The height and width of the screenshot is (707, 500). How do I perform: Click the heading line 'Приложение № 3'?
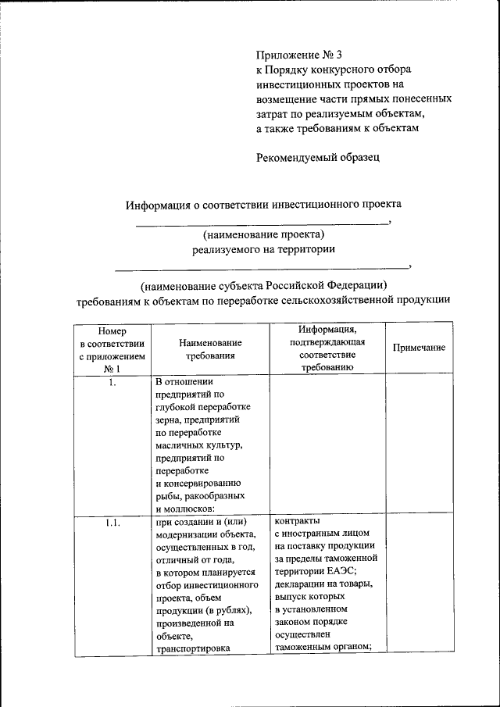point(299,55)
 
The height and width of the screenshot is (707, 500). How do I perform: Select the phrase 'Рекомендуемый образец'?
point(318,157)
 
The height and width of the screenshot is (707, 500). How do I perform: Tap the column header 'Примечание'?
point(419,348)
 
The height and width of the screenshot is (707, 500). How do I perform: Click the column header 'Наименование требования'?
point(209,348)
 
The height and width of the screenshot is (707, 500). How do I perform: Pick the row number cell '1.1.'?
point(111,523)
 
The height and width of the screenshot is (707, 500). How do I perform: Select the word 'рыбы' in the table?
point(170,495)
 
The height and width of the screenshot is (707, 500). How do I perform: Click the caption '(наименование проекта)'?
point(263,235)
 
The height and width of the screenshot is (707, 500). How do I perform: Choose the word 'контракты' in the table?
point(298,522)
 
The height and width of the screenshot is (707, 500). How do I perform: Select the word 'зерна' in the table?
point(170,420)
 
